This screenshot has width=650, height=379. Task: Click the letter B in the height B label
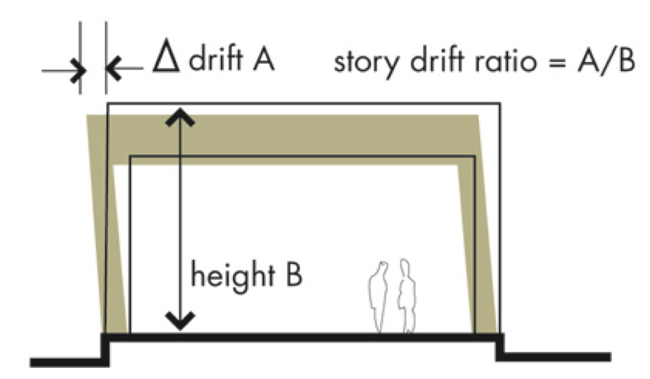click(x=292, y=274)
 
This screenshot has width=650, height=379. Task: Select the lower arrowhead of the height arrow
click(x=180, y=320)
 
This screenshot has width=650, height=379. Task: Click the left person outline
click(x=379, y=296)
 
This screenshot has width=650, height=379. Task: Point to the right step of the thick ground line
click(x=500, y=348)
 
